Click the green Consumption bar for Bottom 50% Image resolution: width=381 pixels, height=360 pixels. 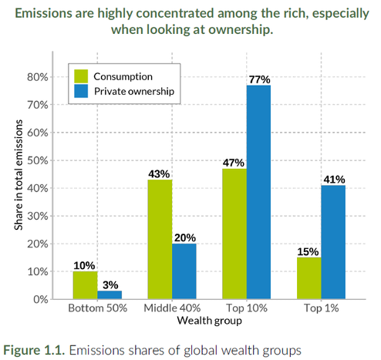pos(86,285)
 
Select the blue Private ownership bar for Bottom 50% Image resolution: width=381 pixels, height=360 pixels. pos(110,294)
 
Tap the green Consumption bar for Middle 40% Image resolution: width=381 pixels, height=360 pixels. pos(160,239)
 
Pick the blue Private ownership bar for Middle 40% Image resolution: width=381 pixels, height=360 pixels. pos(184,271)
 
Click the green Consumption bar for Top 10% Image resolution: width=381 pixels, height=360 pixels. pos(234,234)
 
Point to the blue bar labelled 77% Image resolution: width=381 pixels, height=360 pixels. pos(259,192)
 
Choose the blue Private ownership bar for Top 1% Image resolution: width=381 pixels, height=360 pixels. pos(333,242)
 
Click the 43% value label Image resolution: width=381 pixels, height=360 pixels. pos(160,173)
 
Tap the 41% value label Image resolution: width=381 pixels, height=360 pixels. pos(334,179)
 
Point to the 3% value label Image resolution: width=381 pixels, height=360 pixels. pos(110,284)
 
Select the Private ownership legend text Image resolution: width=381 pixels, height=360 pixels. pos(133,91)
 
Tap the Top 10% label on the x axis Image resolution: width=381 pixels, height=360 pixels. pos(246,309)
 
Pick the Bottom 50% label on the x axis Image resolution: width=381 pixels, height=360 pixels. pos(97,309)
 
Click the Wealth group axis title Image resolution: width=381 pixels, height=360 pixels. pos(208,320)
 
